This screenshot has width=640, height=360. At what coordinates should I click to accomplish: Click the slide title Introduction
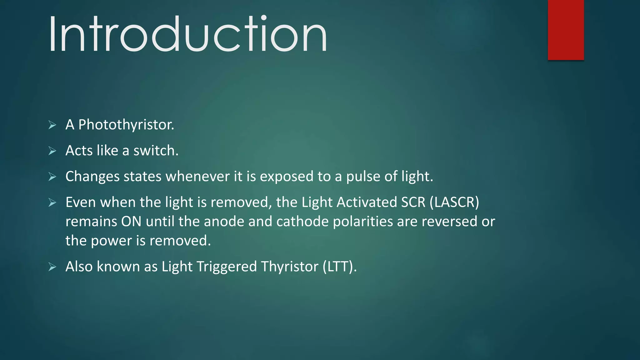(x=187, y=34)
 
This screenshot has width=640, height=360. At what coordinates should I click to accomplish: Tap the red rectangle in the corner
(x=566, y=30)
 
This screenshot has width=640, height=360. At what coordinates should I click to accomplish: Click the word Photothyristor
(x=126, y=125)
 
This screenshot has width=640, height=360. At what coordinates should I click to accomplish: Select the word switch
(x=156, y=151)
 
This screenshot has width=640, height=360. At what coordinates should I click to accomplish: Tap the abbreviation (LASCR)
(x=454, y=202)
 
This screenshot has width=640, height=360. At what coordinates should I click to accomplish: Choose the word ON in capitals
(x=131, y=222)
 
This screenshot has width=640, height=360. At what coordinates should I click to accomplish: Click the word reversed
(x=449, y=222)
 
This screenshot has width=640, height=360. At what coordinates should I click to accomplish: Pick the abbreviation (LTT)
(x=340, y=267)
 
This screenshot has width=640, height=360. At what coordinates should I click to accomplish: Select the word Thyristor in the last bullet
(x=290, y=267)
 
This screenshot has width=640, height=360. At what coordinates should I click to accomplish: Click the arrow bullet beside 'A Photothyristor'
(x=52, y=125)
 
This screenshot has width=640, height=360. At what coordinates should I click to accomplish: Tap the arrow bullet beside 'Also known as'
(x=52, y=267)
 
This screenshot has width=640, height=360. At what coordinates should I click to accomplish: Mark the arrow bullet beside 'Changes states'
(x=52, y=177)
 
